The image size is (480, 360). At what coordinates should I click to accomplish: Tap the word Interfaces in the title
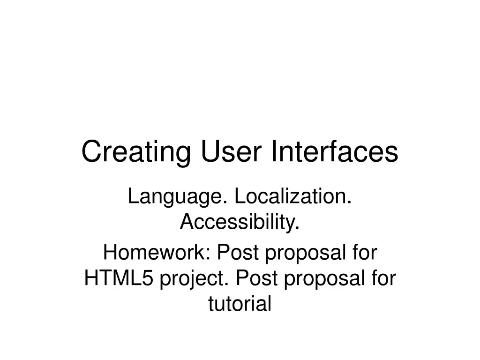334,152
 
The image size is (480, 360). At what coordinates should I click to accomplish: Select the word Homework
156,254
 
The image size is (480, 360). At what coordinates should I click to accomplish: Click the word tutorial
240,304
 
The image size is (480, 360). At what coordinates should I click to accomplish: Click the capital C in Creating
89,152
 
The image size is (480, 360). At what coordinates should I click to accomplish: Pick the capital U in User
209,152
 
